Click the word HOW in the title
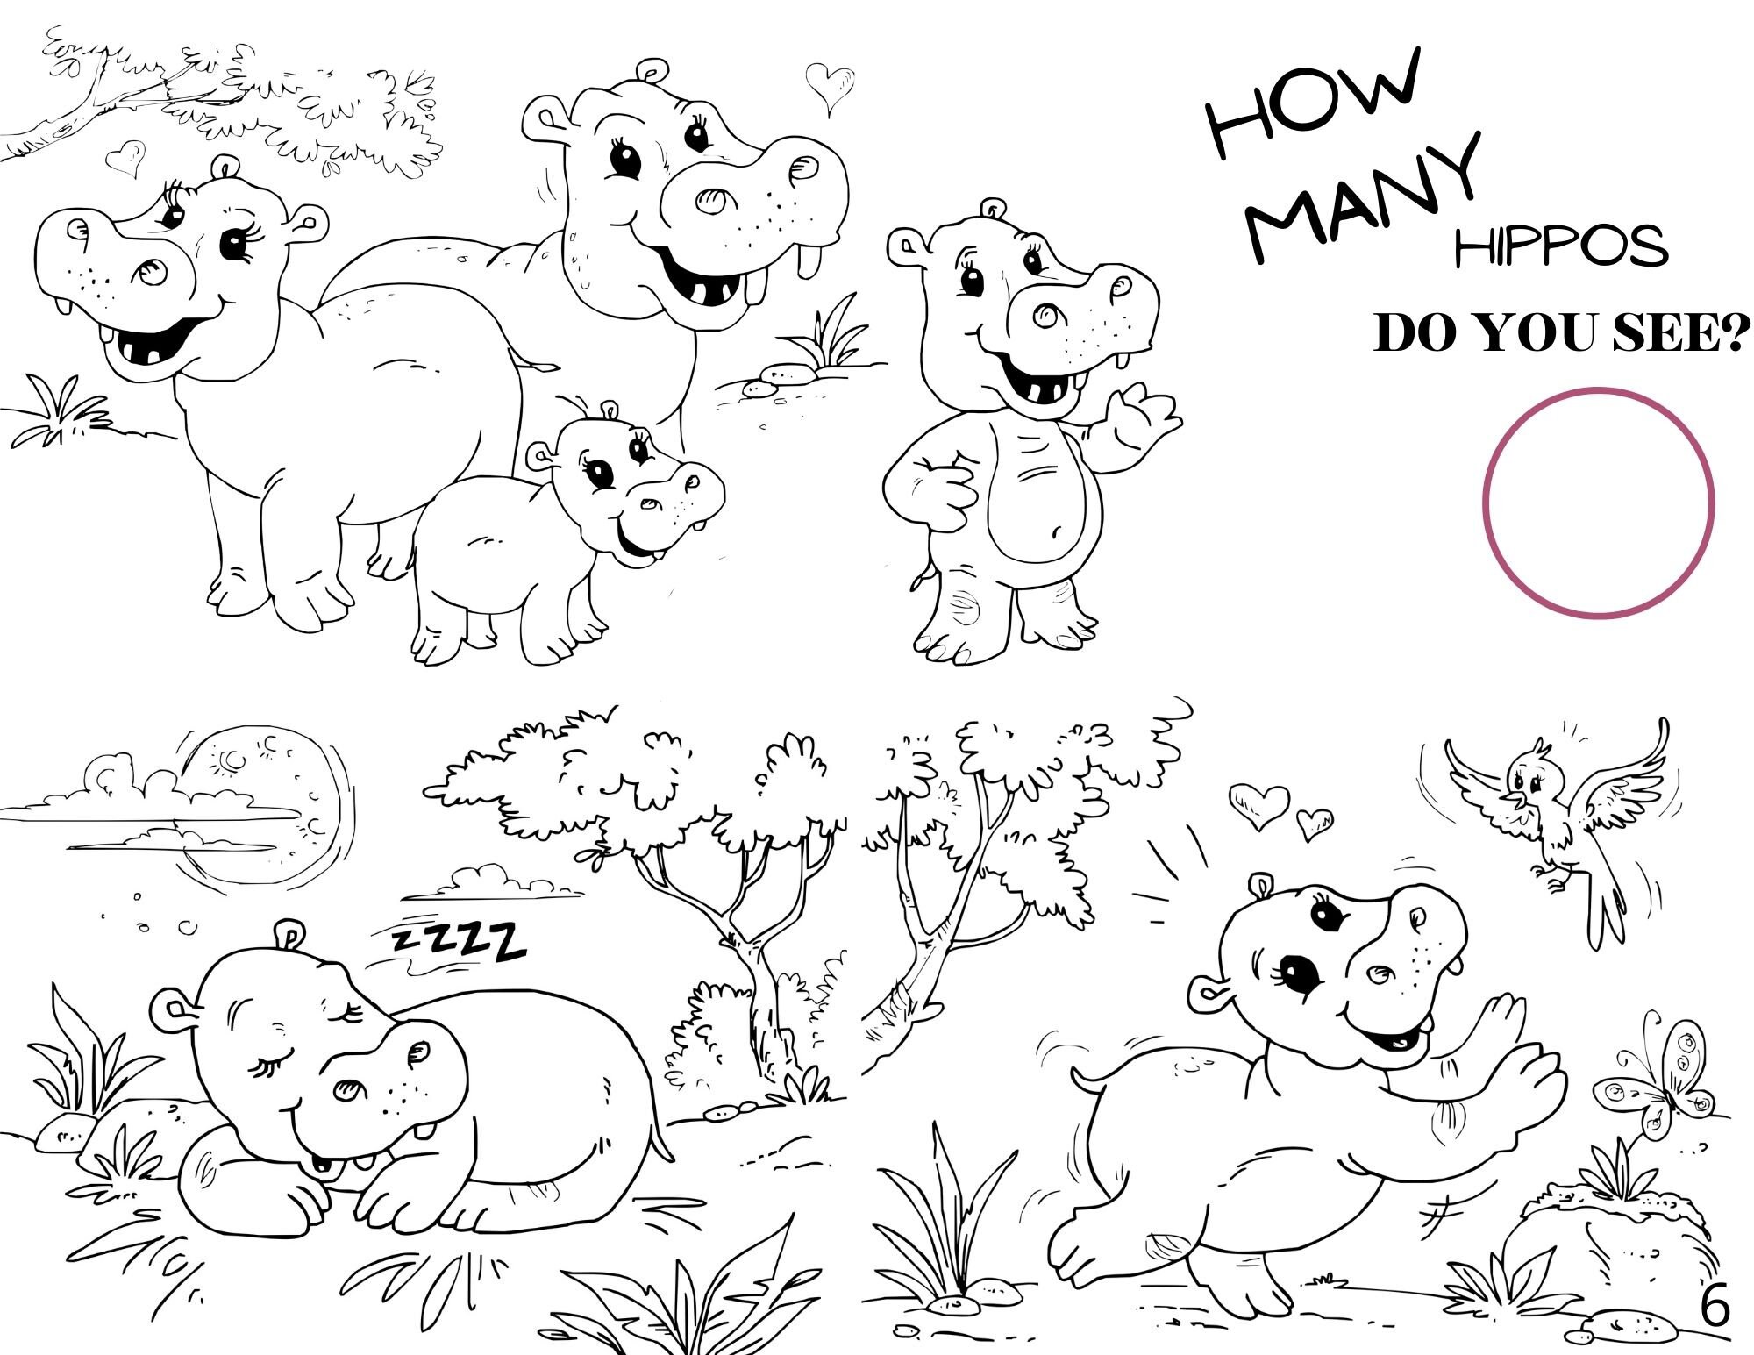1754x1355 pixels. [1313, 103]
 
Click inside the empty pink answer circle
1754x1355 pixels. [1598, 503]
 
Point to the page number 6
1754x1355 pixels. [1715, 1307]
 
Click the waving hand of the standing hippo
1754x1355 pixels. [1140, 425]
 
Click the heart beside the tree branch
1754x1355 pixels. [125, 159]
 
